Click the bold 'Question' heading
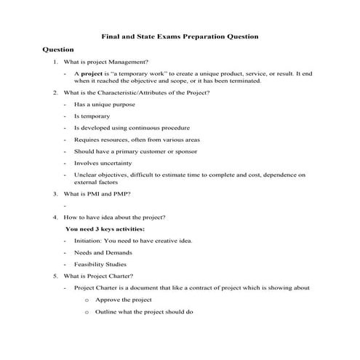pyautogui.click(x=58, y=49)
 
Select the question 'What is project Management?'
pyautogui.click(x=107, y=63)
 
